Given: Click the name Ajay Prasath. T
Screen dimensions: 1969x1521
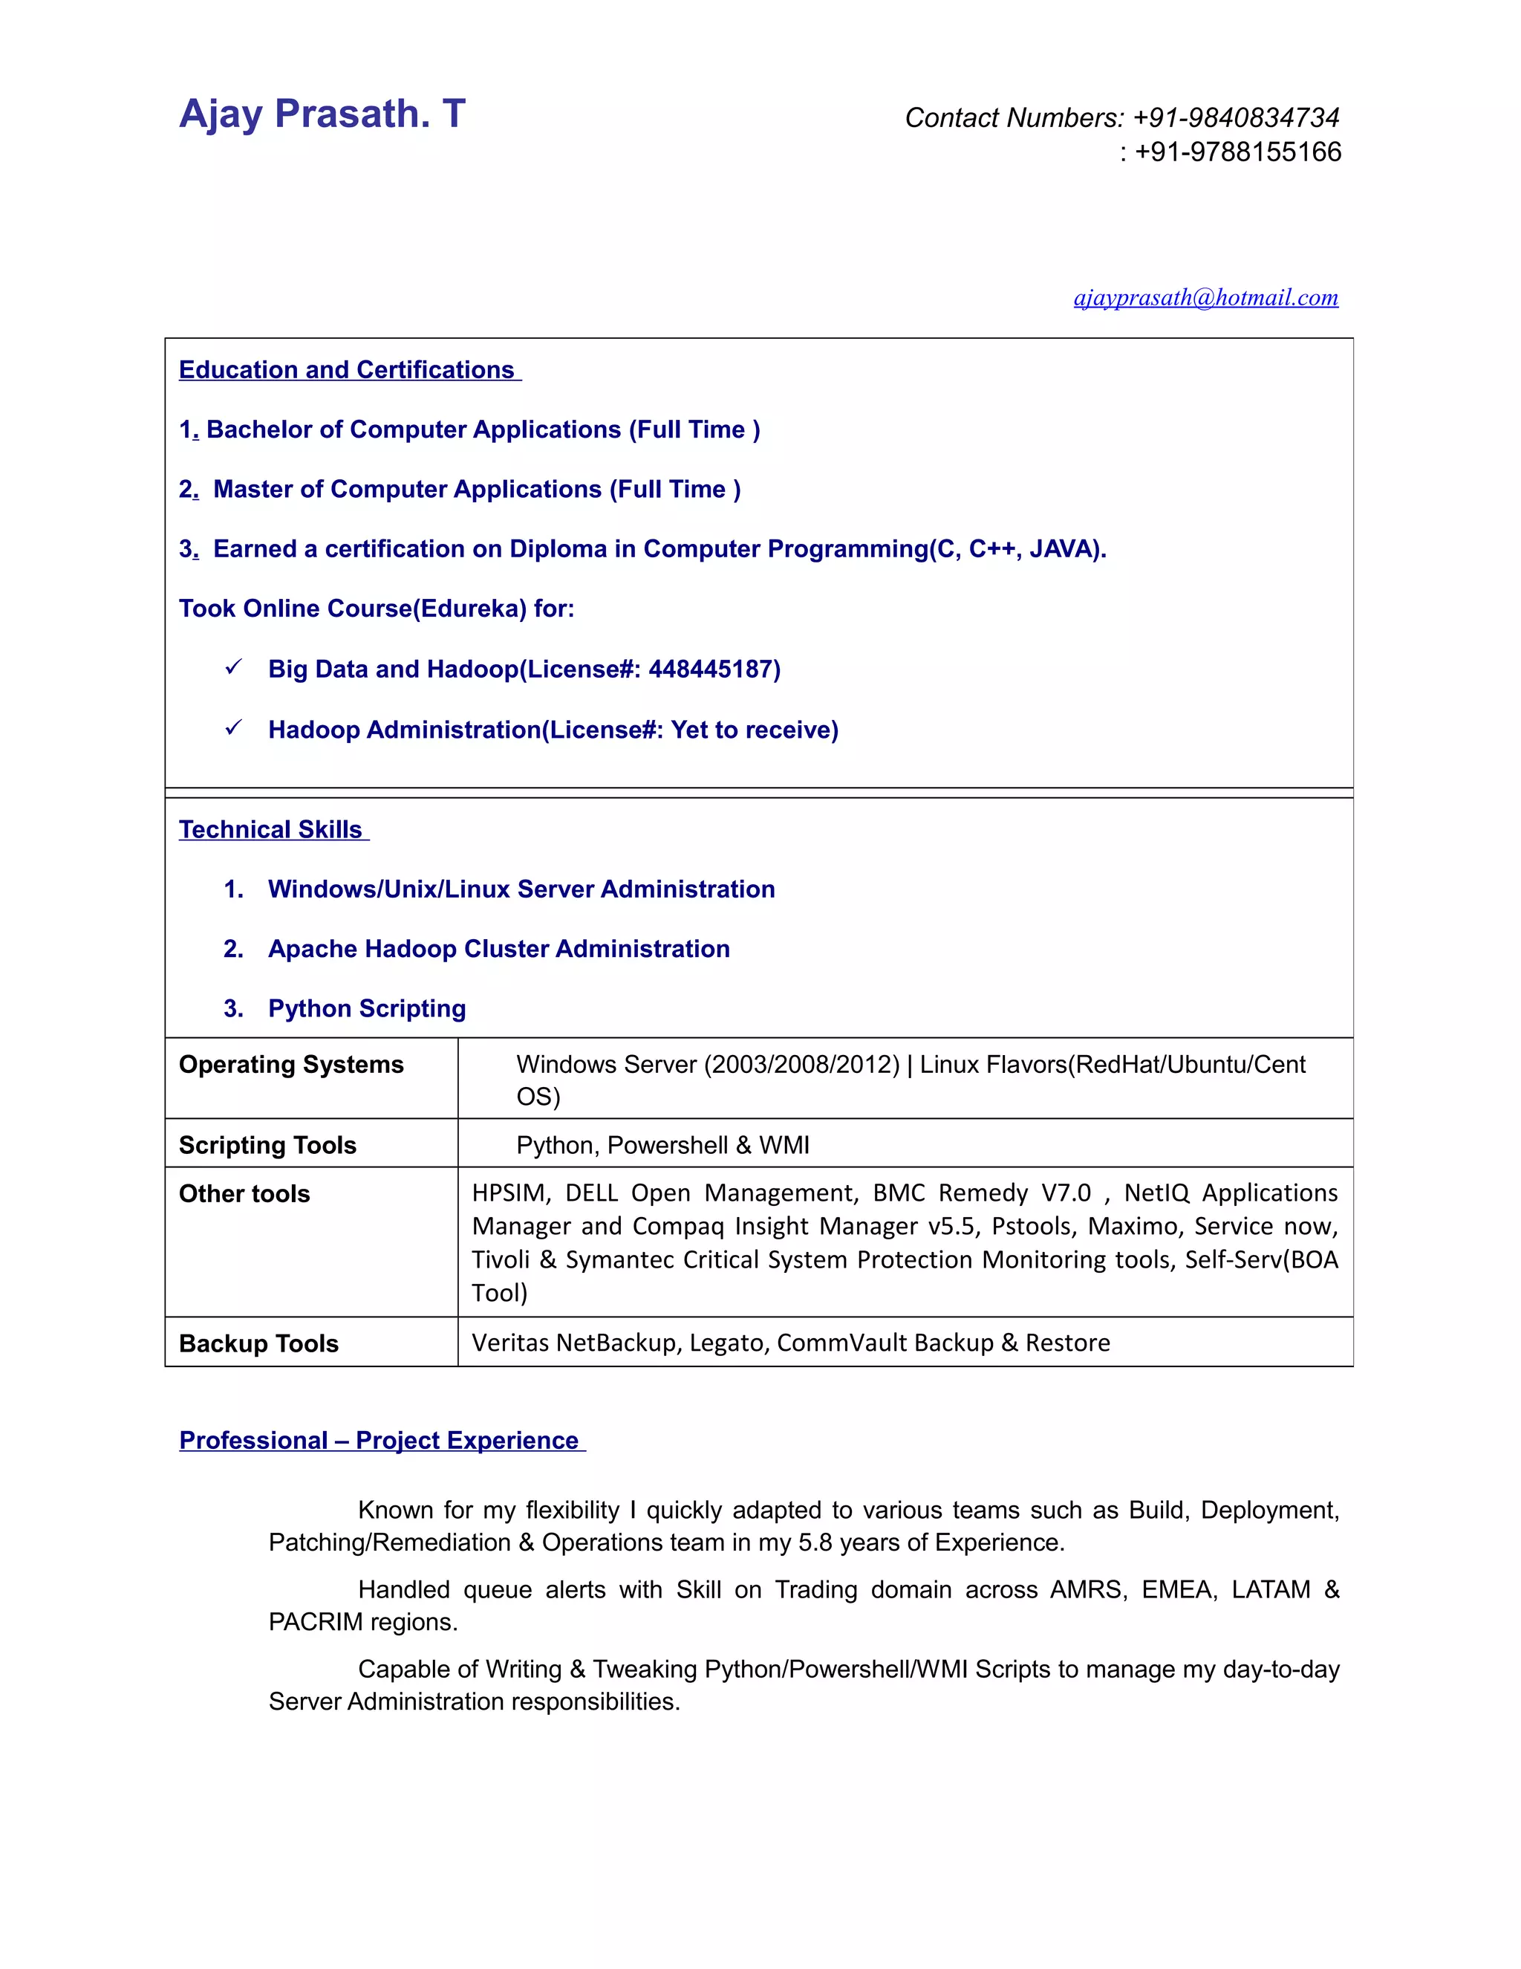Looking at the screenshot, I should point(322,114).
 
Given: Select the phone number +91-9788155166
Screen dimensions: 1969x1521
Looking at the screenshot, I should point(1237,152).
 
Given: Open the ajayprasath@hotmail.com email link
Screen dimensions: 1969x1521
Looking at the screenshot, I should point(1205,297).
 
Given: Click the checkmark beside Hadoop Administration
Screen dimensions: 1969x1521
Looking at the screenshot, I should point(233,727).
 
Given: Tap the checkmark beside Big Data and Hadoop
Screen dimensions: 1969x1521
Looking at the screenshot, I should point(233,667).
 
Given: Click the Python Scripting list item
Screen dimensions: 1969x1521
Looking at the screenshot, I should point(367,1008).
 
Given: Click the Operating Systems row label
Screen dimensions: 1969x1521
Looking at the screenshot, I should point(291,1065).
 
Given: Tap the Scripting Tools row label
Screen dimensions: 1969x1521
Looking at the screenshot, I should point(267,1145).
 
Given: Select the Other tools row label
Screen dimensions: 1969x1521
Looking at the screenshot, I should point(244,1194).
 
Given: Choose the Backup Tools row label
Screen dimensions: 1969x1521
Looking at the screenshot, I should point(258,1343).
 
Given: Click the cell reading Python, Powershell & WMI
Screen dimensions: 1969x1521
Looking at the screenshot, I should point(662,1145).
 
